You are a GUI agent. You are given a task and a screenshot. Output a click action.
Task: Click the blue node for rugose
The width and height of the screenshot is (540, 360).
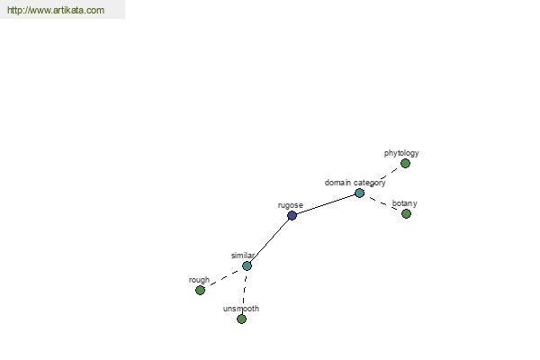[292, 216]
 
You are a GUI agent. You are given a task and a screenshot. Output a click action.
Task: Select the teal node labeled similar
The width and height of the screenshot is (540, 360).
[247, 266]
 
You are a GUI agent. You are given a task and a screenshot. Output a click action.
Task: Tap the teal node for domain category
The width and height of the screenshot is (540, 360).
[359, 193]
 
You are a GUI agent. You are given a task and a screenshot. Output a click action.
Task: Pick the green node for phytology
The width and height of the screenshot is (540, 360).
[405, 163]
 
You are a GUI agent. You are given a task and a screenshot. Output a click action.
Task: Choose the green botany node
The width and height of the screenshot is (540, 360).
[407, 213]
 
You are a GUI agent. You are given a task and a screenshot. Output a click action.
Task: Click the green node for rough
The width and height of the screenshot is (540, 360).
[200, 290]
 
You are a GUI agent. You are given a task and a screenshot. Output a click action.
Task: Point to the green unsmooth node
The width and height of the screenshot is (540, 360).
[242, 319]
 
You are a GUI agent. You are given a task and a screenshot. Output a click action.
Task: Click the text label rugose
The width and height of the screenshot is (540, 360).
[291, 205]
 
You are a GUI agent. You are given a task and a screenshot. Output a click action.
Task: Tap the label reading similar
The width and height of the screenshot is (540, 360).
[243, 256]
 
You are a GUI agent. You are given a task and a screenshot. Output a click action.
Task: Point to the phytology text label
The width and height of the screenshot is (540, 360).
[401, 153]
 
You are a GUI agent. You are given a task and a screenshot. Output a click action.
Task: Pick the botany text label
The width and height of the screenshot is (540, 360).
[404, 203]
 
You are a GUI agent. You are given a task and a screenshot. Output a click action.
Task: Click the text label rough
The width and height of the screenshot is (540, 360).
[199, 280]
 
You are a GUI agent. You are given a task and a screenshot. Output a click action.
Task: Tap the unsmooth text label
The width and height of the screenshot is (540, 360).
[241, 309]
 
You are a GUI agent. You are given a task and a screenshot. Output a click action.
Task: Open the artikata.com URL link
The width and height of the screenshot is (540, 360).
[56, 10]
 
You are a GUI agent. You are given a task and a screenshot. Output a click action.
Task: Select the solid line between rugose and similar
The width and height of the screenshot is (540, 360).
[270, 241]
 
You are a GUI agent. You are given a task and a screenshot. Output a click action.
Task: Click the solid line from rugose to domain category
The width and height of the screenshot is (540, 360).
[326, 204]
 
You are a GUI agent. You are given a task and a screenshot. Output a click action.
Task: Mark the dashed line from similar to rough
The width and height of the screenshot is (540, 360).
[223, 278]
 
